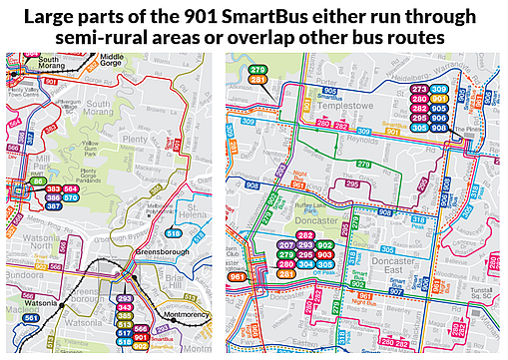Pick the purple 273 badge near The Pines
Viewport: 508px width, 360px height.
click(420, 90)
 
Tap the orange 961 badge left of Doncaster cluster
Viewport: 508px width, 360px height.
click(238, 277)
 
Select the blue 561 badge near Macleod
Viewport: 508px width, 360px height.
click(31, 319)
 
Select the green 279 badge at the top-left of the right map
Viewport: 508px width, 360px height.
click(257, 69)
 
